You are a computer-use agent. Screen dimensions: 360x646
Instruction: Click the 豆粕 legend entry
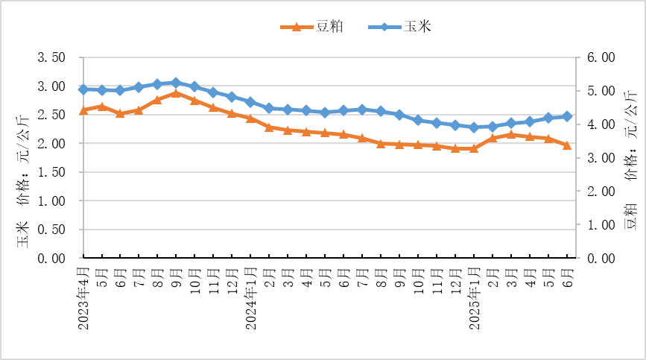[x=311, y=27]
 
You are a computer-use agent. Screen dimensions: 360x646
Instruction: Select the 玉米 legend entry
[x=400, y=27]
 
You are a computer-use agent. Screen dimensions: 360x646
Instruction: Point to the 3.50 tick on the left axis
[x=52, y=57]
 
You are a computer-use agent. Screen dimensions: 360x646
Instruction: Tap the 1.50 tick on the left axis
[x=52, y=172]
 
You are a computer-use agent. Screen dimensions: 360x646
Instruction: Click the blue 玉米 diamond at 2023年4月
[x=83, y=89]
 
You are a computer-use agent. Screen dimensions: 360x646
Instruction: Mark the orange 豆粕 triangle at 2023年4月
[x=83, y=110]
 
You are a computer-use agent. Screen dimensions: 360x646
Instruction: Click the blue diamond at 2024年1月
[x=250, y=101]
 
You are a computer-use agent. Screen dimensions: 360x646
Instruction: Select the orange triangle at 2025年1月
[x=474, y=148]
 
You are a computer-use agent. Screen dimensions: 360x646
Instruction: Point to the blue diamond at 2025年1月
[x=474, y=127]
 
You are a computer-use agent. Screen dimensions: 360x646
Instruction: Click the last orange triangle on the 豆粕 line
[x=567, y=145]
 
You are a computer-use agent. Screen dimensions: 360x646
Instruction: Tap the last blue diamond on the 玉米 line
[x=567, y=116]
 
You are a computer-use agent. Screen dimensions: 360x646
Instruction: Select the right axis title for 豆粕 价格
[x=631, y=168]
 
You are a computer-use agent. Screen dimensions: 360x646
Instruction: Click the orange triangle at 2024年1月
[x=250, y=118]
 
